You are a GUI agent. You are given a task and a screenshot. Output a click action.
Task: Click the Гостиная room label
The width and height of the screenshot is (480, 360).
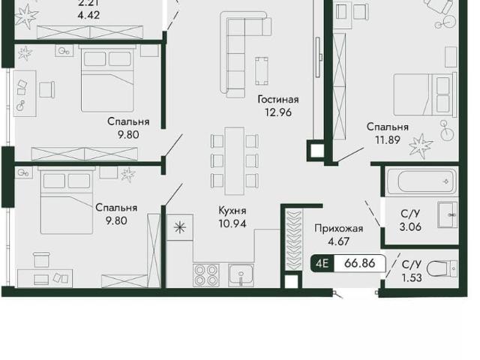278,100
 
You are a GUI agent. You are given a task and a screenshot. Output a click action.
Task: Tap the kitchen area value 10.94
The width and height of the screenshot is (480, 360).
232,223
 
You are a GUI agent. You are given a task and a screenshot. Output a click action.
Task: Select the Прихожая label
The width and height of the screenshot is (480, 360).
339,228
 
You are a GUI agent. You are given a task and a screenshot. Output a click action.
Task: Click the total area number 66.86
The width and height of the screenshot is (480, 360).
360,263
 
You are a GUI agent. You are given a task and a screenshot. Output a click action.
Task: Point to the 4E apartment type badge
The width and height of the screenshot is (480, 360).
322,263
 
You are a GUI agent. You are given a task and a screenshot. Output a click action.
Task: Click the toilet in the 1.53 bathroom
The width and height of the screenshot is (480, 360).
442,269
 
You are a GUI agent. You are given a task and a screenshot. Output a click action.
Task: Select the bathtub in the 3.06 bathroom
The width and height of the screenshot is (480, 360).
421,181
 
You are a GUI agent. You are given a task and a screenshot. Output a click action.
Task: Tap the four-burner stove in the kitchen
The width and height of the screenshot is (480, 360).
205,275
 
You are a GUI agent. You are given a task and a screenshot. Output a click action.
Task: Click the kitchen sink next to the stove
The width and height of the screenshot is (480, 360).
241,275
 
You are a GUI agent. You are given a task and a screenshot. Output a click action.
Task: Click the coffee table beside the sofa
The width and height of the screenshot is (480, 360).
262,70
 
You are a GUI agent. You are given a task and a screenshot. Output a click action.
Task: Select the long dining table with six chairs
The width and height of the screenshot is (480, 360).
235,161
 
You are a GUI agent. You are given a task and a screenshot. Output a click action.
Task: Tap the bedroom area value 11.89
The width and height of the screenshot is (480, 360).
388,140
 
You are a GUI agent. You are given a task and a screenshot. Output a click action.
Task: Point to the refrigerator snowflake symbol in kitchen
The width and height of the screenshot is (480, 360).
180,227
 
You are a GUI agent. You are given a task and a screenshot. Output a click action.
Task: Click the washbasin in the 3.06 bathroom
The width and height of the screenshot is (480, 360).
448,214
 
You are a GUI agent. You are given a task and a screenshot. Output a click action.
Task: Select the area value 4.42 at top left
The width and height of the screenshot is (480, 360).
88,15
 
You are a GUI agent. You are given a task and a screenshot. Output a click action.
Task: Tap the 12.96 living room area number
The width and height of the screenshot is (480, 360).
278,112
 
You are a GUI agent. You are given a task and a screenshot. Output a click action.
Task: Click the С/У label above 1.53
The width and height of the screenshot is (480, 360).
412,265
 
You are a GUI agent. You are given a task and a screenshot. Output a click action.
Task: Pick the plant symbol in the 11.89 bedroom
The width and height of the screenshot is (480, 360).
421,145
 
